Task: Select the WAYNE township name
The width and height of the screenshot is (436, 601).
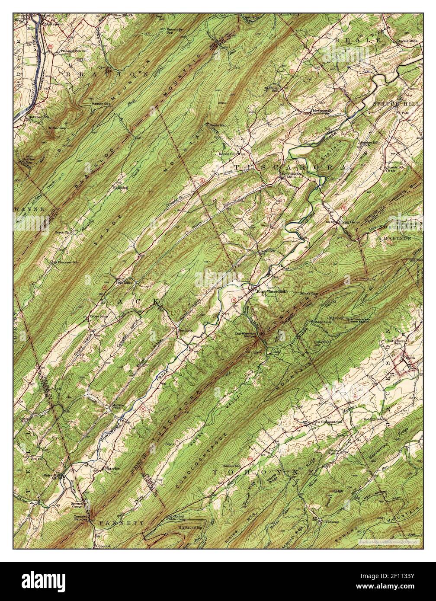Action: click(x=29, y=209)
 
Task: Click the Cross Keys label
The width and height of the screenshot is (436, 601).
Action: click(x=99, y=316)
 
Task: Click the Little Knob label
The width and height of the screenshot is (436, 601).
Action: click(x=321, y=342)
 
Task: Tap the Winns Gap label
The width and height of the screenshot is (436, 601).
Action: click(x=309, y=294)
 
